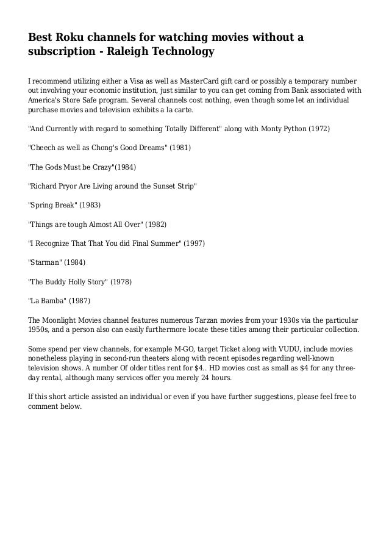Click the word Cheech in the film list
tap(45, 148)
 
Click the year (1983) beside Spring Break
tap(88, 205)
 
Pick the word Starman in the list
tap(46, 262)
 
